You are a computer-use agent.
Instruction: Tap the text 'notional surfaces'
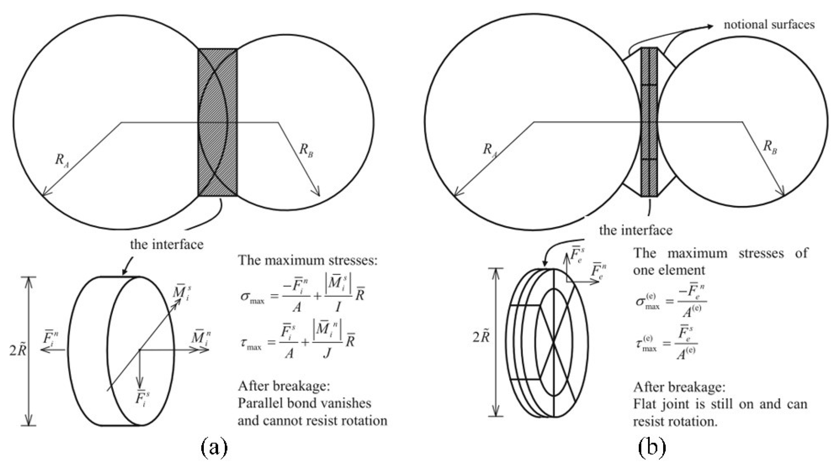pyautogui.click(x=769, y=25)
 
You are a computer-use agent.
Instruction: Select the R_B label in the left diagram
pyautogui.click(x=306, y=150)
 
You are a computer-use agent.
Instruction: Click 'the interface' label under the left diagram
pyautogui.click(x=166, y=244)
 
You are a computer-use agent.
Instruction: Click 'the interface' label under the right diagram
pyautogui.click(x=635, y=230)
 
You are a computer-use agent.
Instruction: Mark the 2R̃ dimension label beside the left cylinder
pyautogui.click(x=18, y=350)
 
